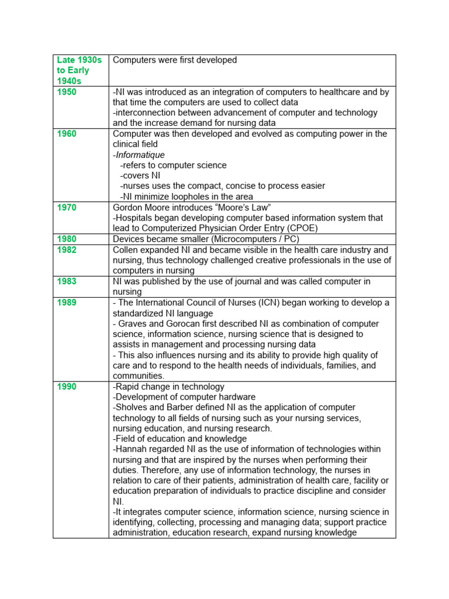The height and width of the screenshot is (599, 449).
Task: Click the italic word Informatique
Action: (140, 155)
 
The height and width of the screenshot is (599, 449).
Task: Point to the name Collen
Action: (126, 250)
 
